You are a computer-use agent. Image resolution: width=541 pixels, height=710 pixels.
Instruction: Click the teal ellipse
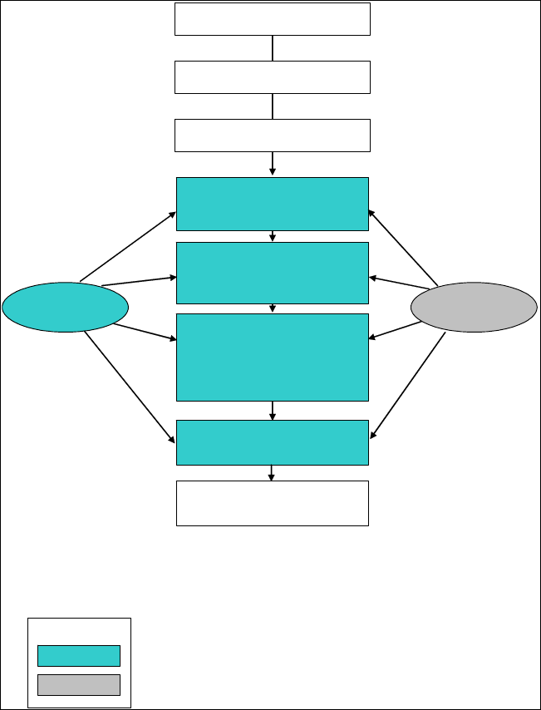point(65,308)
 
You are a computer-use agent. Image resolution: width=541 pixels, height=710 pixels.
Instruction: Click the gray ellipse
point(474,308)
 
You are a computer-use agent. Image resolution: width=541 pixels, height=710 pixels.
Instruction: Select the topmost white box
point(272,19)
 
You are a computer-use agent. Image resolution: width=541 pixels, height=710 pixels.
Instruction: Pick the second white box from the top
point(272,77)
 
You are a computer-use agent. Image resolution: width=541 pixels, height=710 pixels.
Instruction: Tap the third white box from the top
point(272,136)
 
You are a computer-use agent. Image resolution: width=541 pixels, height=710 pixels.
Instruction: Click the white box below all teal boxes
point(272,503)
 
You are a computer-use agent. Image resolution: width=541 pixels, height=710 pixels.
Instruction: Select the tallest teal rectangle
point(272,357)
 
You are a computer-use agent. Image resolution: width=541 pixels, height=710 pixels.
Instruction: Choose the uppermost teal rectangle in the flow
point(272,204)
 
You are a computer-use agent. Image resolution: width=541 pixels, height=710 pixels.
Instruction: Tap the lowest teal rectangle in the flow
point(272,442)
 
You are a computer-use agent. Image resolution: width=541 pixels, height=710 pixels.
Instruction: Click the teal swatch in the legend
point(79,656)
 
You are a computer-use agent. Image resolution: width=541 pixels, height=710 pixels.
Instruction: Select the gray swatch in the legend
point(79,684)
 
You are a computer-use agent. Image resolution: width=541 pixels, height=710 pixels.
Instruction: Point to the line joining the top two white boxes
point(273,48)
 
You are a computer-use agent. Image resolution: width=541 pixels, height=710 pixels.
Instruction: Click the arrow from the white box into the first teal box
point(273,164)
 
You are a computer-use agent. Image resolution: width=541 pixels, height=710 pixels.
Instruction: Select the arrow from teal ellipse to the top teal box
point(127,246)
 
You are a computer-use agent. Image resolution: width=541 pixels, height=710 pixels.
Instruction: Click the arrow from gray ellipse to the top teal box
point(403,246)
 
